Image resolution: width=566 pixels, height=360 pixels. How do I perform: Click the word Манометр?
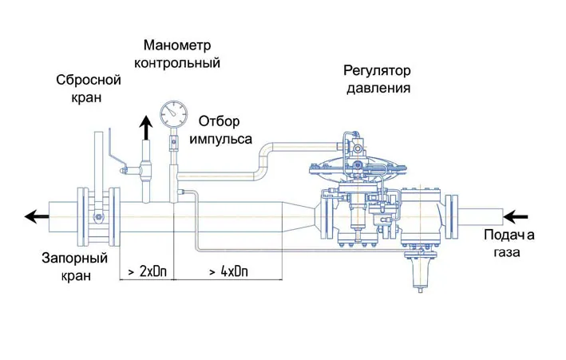[177, 45]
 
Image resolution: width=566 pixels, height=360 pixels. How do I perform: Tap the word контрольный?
[177, 63]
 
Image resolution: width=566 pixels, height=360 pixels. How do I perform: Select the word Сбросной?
[89, 80]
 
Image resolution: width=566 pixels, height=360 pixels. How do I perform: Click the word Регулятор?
[377, 71]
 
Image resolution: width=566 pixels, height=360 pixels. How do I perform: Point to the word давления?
[378, 88]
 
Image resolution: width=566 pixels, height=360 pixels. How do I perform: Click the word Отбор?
[219, 121]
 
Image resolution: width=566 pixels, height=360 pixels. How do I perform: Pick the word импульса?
[221, 139]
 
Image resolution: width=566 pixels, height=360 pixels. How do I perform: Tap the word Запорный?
[75, 259]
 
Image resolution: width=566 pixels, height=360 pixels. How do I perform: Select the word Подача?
[509, 235]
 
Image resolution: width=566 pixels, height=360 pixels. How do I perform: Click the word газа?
[507, 251]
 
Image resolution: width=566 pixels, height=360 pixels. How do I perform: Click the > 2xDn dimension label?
[148, 271]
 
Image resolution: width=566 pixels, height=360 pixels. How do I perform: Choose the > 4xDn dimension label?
[229, 271]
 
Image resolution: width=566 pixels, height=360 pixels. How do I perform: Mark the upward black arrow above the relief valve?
[146, 128]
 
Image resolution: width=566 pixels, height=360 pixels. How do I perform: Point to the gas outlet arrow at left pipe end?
[37, 216]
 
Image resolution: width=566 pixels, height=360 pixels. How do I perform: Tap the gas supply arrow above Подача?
[516, 217]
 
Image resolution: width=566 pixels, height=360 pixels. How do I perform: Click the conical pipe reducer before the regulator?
[299, 216]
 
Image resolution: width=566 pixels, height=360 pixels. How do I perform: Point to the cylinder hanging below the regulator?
[420, 271]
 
